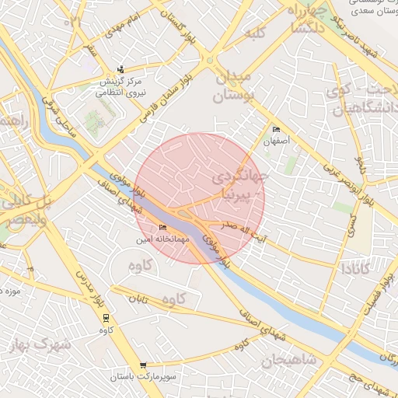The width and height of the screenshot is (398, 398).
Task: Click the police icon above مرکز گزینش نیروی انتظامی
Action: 120,69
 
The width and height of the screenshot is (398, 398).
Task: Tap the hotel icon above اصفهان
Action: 276,130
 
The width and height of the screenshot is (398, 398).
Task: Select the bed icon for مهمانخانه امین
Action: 162,228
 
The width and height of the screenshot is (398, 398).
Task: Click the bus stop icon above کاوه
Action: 106,317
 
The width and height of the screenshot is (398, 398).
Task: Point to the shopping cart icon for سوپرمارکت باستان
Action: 143,365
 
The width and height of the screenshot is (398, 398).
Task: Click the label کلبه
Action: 256,34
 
